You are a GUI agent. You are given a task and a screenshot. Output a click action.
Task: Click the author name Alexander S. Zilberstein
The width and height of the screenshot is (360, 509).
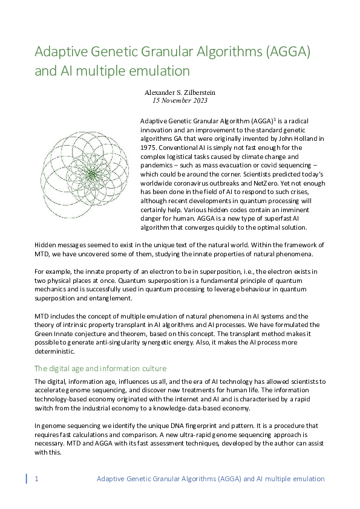[180, 92]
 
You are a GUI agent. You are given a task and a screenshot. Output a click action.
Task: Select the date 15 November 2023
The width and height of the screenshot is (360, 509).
[180, 100]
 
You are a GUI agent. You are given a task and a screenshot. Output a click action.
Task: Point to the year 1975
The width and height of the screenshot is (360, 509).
[149, 146]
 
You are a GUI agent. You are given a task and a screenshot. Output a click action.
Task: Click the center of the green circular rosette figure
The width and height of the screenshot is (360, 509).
[92, 174]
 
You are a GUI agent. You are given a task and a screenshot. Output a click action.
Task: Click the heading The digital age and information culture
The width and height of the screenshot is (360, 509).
[100, 368]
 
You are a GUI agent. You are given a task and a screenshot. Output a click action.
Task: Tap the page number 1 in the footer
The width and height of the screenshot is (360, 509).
[37, 479]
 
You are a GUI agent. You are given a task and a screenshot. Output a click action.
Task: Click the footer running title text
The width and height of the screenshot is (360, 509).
[211, 479]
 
